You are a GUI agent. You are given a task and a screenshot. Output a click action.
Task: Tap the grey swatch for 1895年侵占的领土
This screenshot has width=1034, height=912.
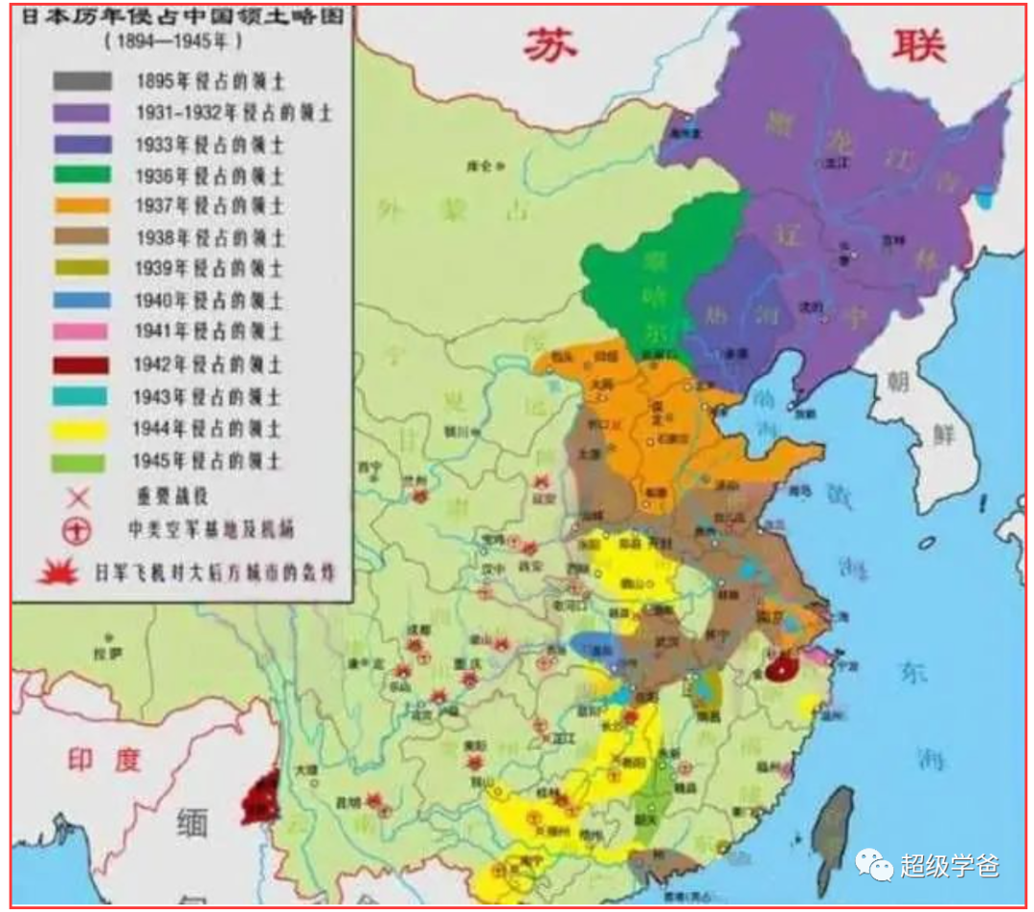coord(81,81)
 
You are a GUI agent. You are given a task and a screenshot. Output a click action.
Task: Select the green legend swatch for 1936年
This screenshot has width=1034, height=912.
coord(81,175)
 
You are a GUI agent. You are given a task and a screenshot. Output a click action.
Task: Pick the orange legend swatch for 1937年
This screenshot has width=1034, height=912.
coord(81,207)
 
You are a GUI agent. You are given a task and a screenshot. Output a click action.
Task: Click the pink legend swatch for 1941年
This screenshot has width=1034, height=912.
coord(81,333)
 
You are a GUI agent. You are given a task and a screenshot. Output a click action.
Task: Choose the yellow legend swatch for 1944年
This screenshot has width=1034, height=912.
coord(81,428)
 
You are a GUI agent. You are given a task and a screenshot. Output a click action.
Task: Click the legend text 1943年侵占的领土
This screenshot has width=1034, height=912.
coord(207,396)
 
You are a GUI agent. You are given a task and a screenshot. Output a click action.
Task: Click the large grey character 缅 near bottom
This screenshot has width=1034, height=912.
coord(191,823)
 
